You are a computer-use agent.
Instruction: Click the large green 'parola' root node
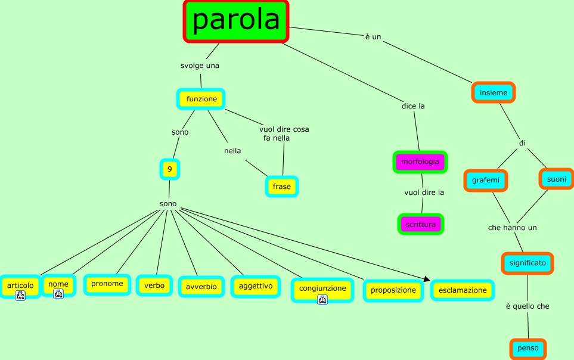click(236, 21)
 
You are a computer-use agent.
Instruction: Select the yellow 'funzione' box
click(201, 99)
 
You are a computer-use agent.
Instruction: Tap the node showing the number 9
click(170, 169)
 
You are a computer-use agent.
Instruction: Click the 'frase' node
click(282, 187)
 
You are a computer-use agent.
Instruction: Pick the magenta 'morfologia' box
click(420, 162)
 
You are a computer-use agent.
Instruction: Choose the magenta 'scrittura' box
click(421, 224)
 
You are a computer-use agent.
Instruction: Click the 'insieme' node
click(494, 92)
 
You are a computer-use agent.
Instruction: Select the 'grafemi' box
click(486, 179)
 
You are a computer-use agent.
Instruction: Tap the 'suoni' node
click(556, 178)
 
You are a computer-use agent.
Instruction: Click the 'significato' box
click(527, 263)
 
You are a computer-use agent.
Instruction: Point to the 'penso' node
click(528, 349)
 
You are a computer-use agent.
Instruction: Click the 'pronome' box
click(107, 284)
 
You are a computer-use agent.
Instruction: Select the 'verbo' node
click(154, 285)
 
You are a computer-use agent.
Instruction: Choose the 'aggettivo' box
click(256, 286)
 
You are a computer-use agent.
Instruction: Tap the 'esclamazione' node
click(463, 290)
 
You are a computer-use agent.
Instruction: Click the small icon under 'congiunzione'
click(322, 299)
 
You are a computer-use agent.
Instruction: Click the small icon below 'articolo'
click(20, 296)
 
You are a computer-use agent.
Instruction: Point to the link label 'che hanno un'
click(513, 228)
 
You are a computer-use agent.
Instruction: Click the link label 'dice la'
click(413, 106)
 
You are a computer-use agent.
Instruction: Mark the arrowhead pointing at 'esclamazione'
click(426, 278)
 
